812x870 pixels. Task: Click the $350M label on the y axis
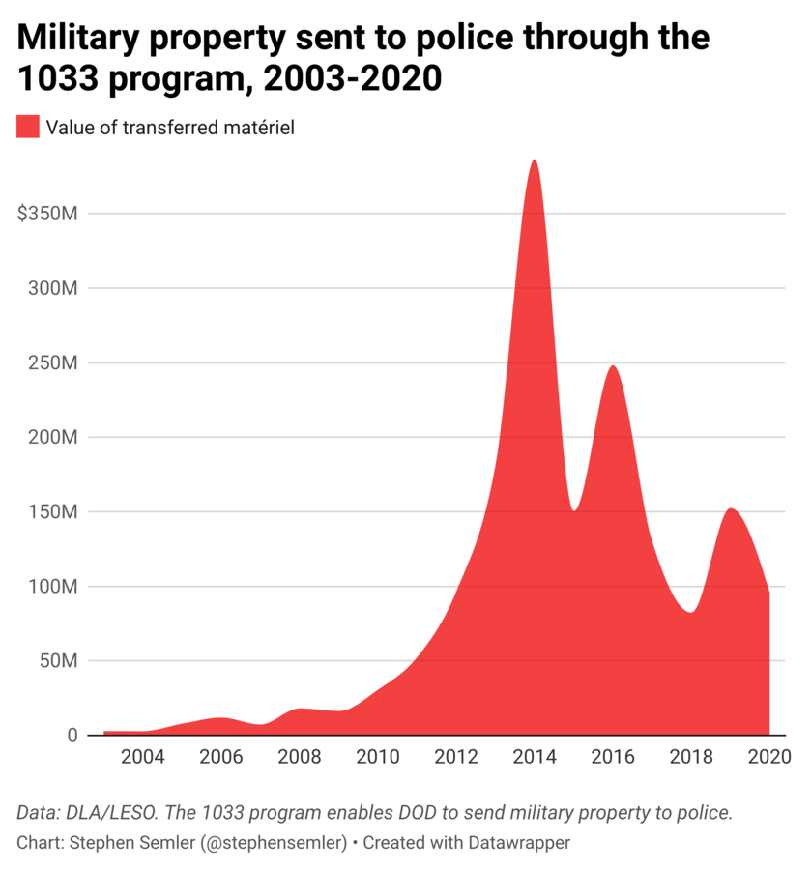(47, 213)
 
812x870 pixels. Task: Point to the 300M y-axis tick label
(53, 288)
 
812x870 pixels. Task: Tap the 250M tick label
(53, 362)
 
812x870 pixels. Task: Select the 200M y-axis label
(53, 437)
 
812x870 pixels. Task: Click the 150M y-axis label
(53, 511)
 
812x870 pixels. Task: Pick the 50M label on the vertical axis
(58, 661)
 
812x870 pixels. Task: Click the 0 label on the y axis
(72, 736)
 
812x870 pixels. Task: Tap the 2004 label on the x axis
(143, 757)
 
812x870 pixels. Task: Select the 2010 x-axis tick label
(377, 757)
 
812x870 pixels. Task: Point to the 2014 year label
(534, 757)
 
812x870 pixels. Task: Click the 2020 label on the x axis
(768, 757)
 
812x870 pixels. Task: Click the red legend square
(28, 127)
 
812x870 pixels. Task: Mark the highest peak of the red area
(534, 160)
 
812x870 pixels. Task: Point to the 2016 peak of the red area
(613, 366)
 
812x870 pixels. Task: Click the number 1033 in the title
(58, 78)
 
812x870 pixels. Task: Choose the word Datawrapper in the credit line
(522, 842)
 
